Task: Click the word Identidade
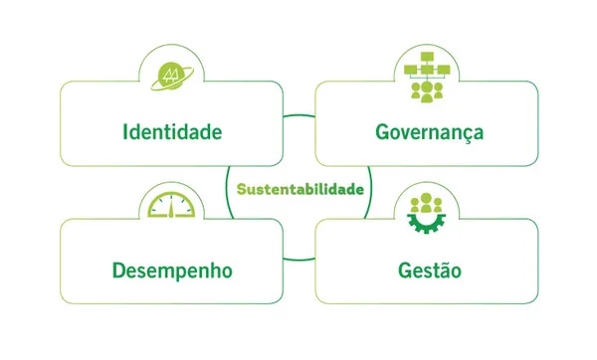pyautogui.click(x=172, y=131)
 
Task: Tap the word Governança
pyautogui.click(x=429, y=131)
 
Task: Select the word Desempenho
pyautogui.click(x=172, y=270)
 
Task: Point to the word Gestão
pyautogui.click(x=429, y=270)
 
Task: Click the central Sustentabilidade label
pyautogui.click(x=299, y=187)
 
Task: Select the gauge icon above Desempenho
pyautogui.click(x=172, y=206)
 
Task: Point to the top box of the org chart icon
pyautogui.click(x=429, y=61)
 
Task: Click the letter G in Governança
pyautogui.click(x=382, y=131)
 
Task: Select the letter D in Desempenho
pyautogui.click(x=118, y=270)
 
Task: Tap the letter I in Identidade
pyautogui.click(x=125, y=131)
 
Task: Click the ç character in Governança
pyautogui.click(x=463, y=133)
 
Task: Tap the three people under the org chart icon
pyautogui.click(x=429, y=91)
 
